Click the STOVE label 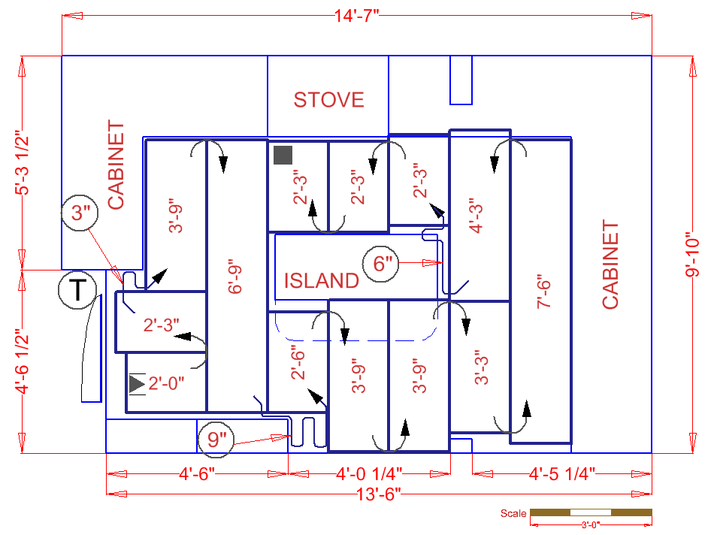(328, 100)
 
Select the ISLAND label (321, 281)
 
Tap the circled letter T (77, 290)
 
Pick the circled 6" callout (383, 264)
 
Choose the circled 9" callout (216, 439)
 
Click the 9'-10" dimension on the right (692, 255)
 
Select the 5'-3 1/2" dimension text (23, 163)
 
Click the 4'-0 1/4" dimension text (368, 473)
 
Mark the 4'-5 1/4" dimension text (561, 473)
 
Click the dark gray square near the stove (283, 155)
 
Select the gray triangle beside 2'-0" (136, 384)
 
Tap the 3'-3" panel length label (482, 367)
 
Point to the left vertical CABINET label (116, 165)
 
